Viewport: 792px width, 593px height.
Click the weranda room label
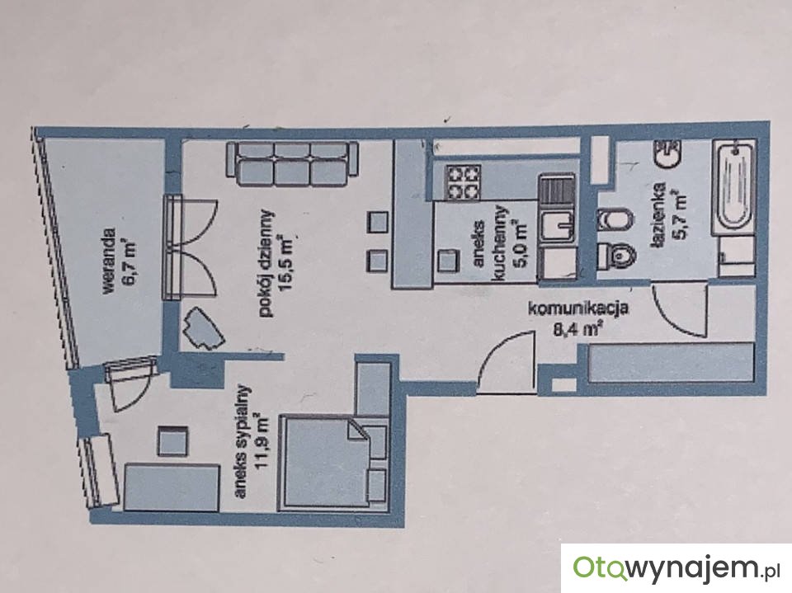click(107, 261)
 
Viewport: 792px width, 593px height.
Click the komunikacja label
click(577, 308)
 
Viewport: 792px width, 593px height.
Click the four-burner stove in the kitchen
click(461, 182)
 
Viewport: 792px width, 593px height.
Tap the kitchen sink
click(557, 226)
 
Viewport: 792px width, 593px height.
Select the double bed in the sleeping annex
click(334, 460)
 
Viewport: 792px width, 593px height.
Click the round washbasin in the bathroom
click(668, 153)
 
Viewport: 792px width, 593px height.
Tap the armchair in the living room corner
click(203, 329)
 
